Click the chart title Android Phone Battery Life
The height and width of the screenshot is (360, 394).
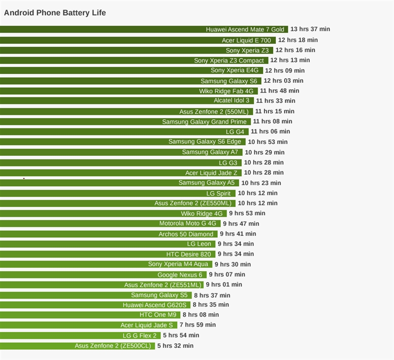coord(55,12)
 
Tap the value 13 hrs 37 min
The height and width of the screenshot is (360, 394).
coord(310,29)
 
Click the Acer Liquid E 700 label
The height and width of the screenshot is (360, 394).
coord(246,40)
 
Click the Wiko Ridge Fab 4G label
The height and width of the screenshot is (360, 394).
coord(226,91)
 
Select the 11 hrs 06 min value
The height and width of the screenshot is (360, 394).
coord(270,131)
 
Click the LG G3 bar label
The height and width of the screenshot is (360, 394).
coord(228,163)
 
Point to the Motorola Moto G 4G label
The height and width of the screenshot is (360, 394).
coord(188,224)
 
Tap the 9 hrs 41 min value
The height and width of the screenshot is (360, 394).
coord(238,234)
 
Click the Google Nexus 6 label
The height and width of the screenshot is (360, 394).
coord(180,275)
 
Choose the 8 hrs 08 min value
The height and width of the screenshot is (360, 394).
coord(200,315)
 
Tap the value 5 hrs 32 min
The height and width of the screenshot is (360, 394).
coord(175,346)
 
